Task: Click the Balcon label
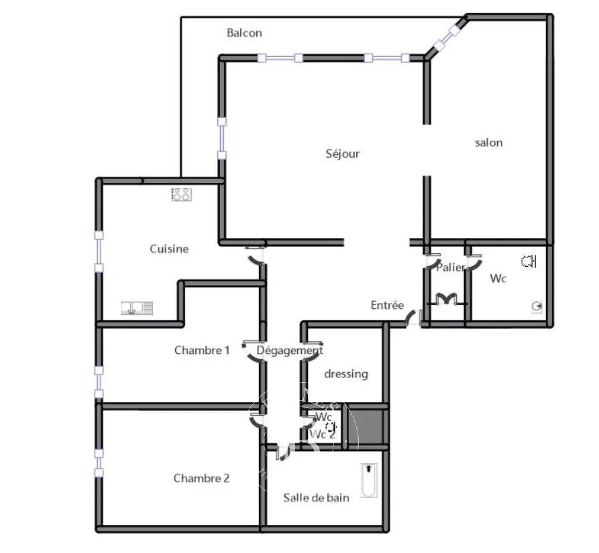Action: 244,33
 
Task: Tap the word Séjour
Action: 342,153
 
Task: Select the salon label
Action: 488,143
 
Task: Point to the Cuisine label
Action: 169,249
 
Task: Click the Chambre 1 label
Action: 202,350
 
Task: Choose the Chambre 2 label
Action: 201,478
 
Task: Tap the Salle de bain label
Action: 317,497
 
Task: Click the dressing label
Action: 346,374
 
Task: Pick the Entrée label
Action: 387,305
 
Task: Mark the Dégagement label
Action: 290,351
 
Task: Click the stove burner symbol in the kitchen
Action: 182,194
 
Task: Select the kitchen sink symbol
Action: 137,308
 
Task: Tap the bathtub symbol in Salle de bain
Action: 369,481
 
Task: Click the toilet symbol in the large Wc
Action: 529,261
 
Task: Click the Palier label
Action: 451,267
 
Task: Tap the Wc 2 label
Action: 323,434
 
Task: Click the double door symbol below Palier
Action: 447,299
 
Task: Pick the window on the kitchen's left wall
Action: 99,251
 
